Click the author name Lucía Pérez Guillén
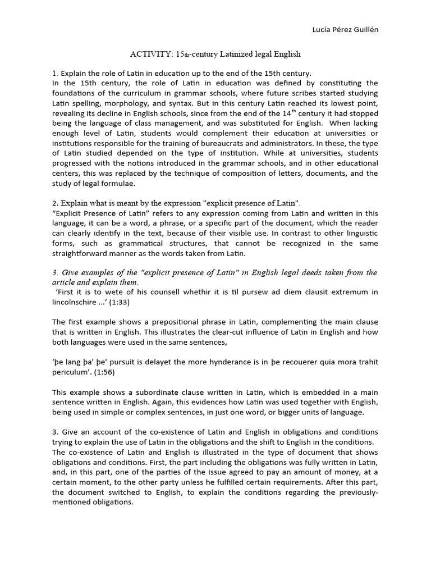pyautogui.click(x=345, y=30)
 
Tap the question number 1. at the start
pyautogui.click(x=55, y=74)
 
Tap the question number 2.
pyautogui.click(x=55, y=203)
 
